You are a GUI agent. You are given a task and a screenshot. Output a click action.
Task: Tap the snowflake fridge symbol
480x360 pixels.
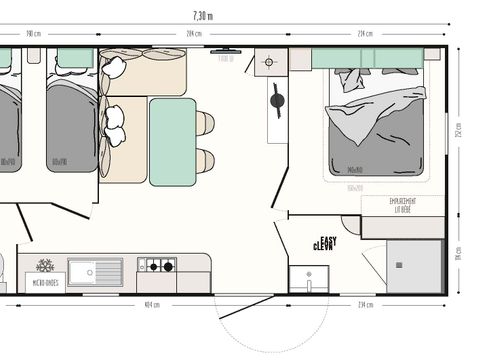tap(45, 266)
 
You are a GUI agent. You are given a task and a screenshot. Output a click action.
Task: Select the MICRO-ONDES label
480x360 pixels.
tap(45, 283)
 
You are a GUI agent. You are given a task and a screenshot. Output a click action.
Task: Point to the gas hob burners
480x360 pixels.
tap(156, 266)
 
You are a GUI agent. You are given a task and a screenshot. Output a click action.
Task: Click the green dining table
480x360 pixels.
tap(172, 141)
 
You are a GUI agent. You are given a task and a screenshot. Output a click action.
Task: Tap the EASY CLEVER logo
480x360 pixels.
tap(324, 243)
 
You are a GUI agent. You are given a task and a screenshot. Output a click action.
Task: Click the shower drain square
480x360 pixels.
tap(400, 266)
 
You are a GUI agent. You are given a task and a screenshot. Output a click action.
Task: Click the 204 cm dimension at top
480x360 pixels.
tap(195, 33)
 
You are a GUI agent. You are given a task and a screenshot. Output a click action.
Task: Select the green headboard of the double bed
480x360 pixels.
tap(367, 58)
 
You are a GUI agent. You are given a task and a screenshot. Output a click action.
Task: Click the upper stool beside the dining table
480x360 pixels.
tap(205, 122)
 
